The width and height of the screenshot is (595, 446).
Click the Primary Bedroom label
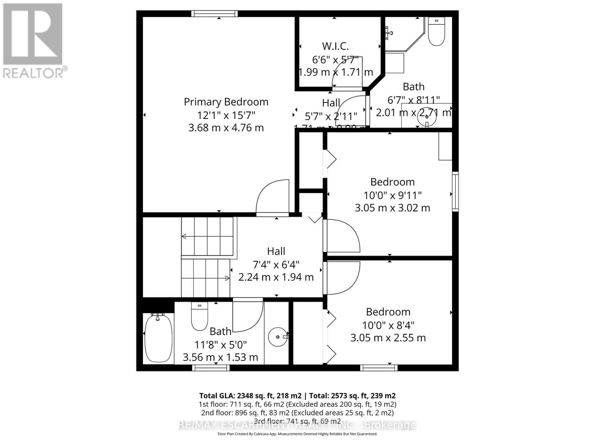[226, 102]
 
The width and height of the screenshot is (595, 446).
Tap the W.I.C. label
[335, 46]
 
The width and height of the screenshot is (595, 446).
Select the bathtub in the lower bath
[158, 338]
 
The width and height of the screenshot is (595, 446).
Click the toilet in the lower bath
[199, 316]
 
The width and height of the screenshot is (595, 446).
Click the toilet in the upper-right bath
[436, 32]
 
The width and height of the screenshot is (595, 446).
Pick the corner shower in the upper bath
[403, 33]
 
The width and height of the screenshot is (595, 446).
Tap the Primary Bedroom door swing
[273, 197]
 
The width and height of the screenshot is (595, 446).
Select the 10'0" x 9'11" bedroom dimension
[392, 195]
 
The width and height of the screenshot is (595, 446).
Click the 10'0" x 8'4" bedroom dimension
[388, 325]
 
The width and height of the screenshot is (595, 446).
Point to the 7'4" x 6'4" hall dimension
[276, 265]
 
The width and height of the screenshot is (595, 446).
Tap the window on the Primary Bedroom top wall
[215, 14]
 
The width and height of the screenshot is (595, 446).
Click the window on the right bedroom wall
[455, 191]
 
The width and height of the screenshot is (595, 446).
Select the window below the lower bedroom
[379, 368]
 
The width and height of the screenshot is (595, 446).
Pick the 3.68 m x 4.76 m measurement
[226, 128]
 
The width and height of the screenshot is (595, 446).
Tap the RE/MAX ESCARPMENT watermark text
[297, 425]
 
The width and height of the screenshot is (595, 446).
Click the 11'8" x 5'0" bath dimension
[221, 345]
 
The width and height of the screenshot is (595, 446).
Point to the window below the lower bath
[211, 368]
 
